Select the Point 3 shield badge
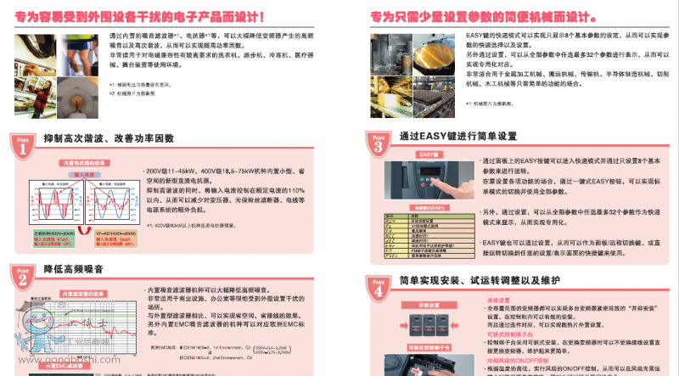coord(379,143)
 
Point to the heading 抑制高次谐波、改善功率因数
coord(109,137)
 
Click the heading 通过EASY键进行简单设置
coord(457,136)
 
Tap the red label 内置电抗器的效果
coord(83,161)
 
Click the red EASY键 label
coord(427,154)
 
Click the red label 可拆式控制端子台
coord(428,348)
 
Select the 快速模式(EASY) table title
coord(426,208)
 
